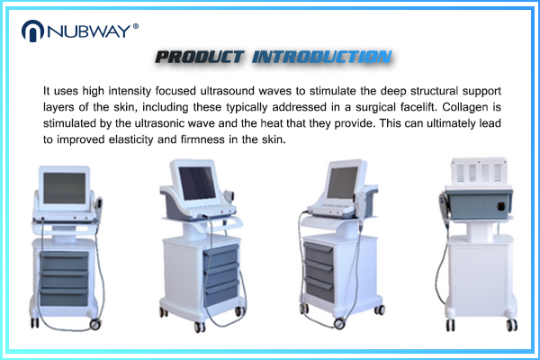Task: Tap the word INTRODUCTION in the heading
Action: (x=321, y=58)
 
